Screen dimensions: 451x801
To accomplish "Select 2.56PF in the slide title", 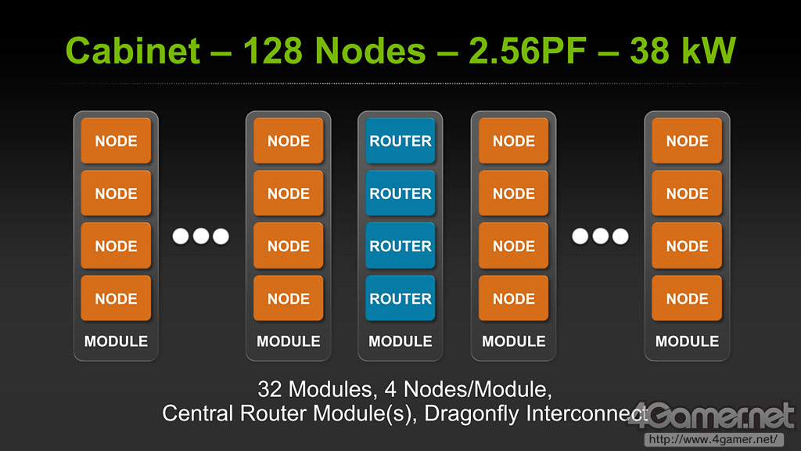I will click(510, 52).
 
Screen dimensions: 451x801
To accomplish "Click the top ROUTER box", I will click(400, 141).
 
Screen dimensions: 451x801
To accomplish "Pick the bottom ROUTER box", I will click(400, 298).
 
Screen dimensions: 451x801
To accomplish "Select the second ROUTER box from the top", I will click(400, 193).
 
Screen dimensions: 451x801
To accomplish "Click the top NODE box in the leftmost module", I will click(116, 141).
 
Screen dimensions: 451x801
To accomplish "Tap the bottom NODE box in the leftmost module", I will click(116, 298).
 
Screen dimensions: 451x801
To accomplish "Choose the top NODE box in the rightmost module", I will click(687, 141).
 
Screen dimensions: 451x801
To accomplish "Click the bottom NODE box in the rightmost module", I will click(687, 298).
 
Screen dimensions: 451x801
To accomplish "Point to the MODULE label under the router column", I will click(400, 341).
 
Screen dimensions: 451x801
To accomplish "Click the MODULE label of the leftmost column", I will click(116, 341).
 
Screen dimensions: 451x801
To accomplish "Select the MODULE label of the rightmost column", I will click(687, 341).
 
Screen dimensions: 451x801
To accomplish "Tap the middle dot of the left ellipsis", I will click(201, 236).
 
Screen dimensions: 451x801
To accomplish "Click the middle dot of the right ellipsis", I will click(601, 236).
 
